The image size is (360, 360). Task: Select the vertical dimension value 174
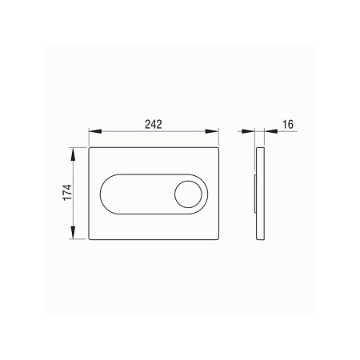tap(68, 193)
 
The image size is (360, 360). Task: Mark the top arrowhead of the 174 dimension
tap(74, 151)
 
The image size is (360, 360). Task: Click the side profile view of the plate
tap(258, 194)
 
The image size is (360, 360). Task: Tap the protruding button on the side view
tap(254, 194)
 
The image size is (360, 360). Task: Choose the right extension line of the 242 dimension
tap(218, 136)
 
